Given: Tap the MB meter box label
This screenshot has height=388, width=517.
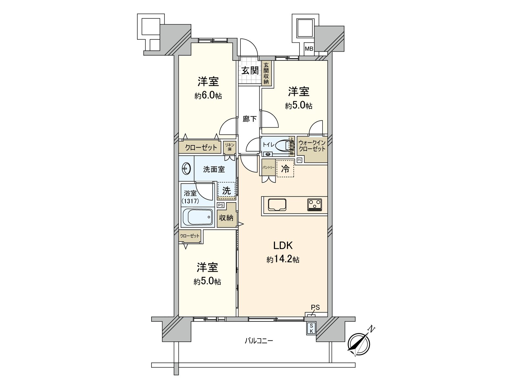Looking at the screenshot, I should tap(309, 49).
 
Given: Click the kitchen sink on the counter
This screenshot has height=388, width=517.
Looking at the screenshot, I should tap(277, 205).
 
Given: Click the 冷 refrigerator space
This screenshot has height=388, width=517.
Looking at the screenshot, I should tap(285, 169).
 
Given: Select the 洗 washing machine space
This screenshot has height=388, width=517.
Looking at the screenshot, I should tap(226, 191).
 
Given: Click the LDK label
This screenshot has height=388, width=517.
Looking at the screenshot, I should tap(283, 246).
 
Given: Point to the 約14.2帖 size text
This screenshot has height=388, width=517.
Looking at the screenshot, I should tap(283, 259).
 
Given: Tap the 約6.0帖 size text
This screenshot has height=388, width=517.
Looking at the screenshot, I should tap(208, 96).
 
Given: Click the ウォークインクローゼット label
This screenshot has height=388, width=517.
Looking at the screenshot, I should tap(311, 146).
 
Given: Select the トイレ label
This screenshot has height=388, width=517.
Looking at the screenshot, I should tap(269, 145).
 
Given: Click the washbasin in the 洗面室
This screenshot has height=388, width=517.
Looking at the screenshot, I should tap(186, 168).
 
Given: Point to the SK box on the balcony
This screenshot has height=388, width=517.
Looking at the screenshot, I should tap(311, 329).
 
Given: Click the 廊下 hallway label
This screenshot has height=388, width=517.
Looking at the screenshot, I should tap(249, 119).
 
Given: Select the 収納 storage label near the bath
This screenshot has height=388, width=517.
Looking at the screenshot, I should tap(226, 218).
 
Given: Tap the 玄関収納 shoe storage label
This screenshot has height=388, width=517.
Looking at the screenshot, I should tap(266, 73).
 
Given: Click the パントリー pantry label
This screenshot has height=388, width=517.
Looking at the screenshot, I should tap(268, 167).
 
